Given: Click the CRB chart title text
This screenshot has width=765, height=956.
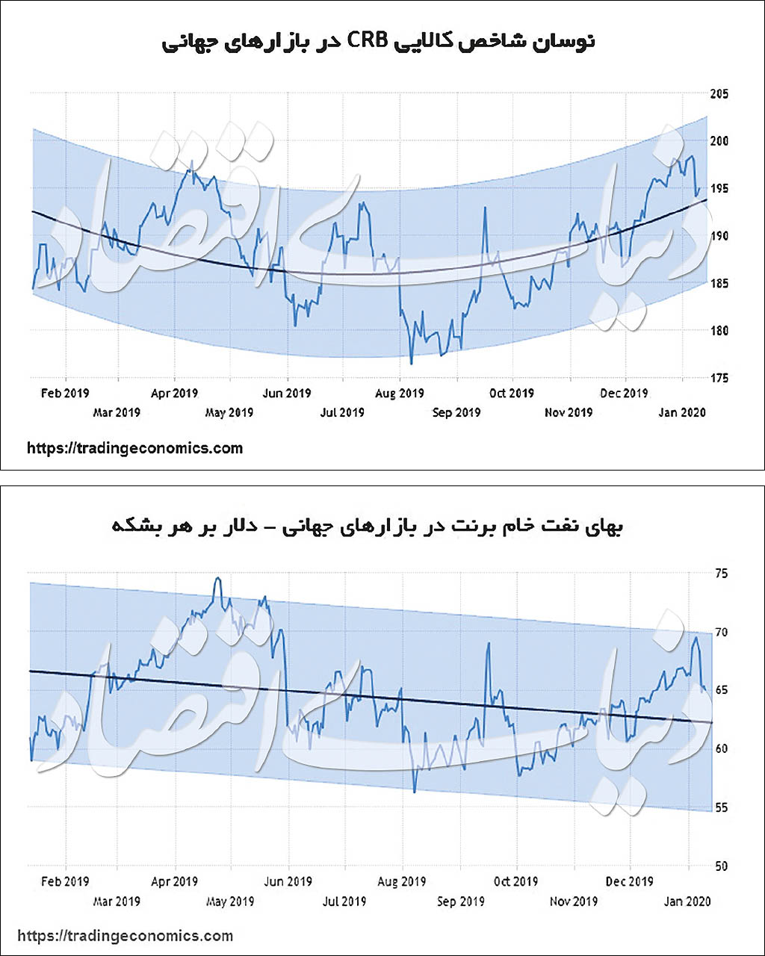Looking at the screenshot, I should pos(378,40).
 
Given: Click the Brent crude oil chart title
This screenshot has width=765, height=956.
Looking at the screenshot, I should pos(368,526).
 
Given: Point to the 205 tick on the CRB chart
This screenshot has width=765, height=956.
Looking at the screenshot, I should pos(719,94).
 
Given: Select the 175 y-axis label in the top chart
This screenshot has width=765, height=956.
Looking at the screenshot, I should pos(719,378).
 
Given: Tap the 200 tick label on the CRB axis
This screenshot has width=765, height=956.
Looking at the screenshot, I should pos(719,141).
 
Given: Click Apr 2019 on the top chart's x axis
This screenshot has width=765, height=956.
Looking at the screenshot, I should pos(174,393).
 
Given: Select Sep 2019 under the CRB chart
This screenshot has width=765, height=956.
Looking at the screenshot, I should pos(456,412).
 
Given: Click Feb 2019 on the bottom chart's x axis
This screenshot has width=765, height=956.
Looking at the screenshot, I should pos(65,881).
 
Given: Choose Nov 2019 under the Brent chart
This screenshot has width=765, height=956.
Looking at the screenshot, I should pos(573,901).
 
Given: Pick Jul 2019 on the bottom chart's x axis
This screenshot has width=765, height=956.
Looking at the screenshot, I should pos(344,901).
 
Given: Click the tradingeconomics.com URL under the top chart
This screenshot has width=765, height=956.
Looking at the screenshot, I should pos(134,448).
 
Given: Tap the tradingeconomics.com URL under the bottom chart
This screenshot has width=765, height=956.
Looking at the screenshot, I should pos(125,935).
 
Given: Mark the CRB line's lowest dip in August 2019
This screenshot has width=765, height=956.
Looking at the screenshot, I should pos(412,364).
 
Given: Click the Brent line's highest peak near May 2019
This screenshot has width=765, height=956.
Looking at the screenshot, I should pos(217,578).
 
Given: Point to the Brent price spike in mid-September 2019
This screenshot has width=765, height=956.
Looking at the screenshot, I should pos(488,643).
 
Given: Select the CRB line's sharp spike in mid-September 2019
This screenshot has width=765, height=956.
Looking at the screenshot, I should pos(485,208).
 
